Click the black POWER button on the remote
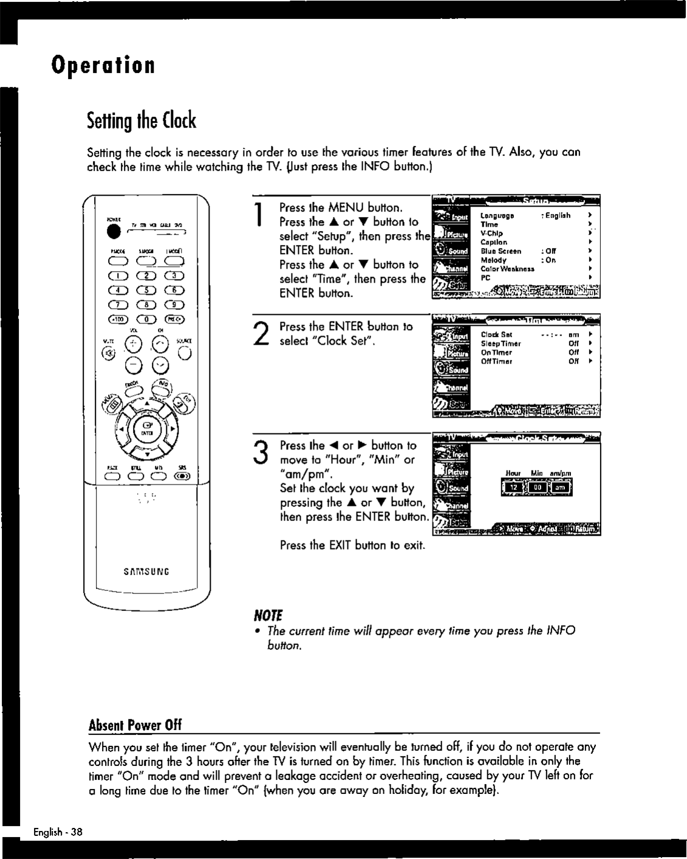pyautogui.click(x=112, y=231)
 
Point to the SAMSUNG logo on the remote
pyautogui.click(x=146, y=571)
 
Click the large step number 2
pyautogui.click(x=260, y=335)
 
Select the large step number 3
pyautogui.click(x=260, y=454)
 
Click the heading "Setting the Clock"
pyautogui.click(x=142, y=121)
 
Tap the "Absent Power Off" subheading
pyautogui.click(x=135, y=725)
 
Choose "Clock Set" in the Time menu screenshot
pyautogui.click(x=496, y=334)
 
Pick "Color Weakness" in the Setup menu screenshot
pyautogui.click(x=507, y=269)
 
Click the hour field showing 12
pyautogui.click(x=513, y=488)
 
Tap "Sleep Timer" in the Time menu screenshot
pyautogui.click(x=501, y=343)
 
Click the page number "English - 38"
pyautogui.click(x=58, y=832)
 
